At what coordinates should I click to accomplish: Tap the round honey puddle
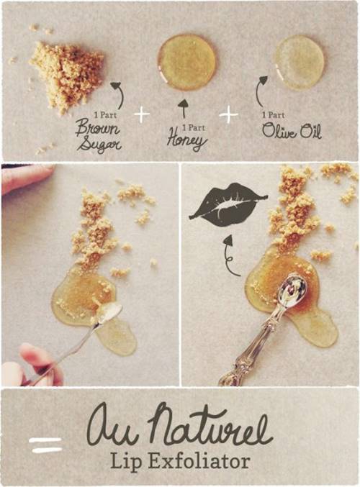point(186,63)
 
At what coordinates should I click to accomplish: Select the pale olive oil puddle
point(299,63)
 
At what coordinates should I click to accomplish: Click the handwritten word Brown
point(97,127)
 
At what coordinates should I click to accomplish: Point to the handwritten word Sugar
point(99,145)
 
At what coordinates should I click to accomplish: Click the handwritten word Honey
point(186,140)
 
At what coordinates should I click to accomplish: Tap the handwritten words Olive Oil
point(292,131)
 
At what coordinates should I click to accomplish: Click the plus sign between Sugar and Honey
point(142,114)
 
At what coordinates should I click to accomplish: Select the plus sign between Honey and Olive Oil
point(229,114)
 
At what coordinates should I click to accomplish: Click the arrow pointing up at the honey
point(184,109)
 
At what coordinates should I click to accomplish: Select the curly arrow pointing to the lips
point(228,256)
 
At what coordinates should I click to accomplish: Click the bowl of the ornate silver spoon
point(292,290)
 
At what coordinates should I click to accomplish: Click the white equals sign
point(45,445)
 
